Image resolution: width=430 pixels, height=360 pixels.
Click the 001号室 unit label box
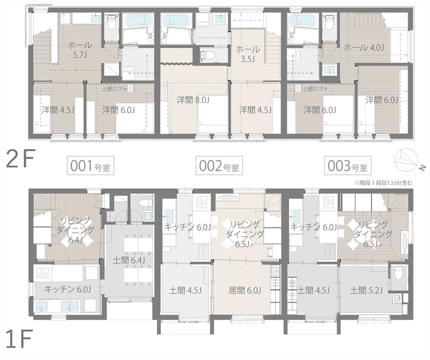click(90, 165)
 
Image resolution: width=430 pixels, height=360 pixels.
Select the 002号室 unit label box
click(219, 165)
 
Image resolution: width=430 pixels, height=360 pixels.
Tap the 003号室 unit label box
click(347, 165)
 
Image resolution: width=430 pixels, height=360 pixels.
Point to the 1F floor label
click(19, 339)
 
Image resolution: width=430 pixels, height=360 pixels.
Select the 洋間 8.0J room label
click(193, 100)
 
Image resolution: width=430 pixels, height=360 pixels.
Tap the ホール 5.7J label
click(80, 49)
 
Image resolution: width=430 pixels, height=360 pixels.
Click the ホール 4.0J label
click(364, 48)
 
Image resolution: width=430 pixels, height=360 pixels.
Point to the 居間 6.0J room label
click(245, 290)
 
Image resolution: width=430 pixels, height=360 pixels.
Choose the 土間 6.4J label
click(129, 260)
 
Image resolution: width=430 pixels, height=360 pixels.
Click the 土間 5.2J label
click(366, 290)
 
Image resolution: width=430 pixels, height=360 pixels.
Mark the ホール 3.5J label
click(248, 54)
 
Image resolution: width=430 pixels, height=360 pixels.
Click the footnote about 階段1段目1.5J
click(383, 183)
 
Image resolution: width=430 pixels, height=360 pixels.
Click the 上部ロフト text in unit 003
click(316, 89)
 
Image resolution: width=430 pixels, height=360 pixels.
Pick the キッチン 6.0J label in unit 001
click(68, 289)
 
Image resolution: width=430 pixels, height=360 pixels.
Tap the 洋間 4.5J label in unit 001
click(58, 110)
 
